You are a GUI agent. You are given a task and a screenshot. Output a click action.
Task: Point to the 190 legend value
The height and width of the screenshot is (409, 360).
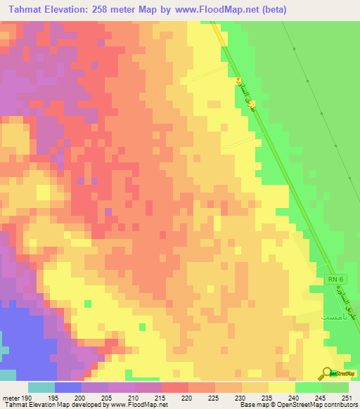(x=23, y=398)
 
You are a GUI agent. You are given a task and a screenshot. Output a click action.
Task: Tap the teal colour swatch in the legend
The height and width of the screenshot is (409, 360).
(x=41, y=387)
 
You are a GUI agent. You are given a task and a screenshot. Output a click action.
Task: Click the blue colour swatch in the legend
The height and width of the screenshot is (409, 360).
(x=67, y=387)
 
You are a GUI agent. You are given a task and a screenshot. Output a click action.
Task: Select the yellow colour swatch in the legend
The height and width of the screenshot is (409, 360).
(x=281, y=387)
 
